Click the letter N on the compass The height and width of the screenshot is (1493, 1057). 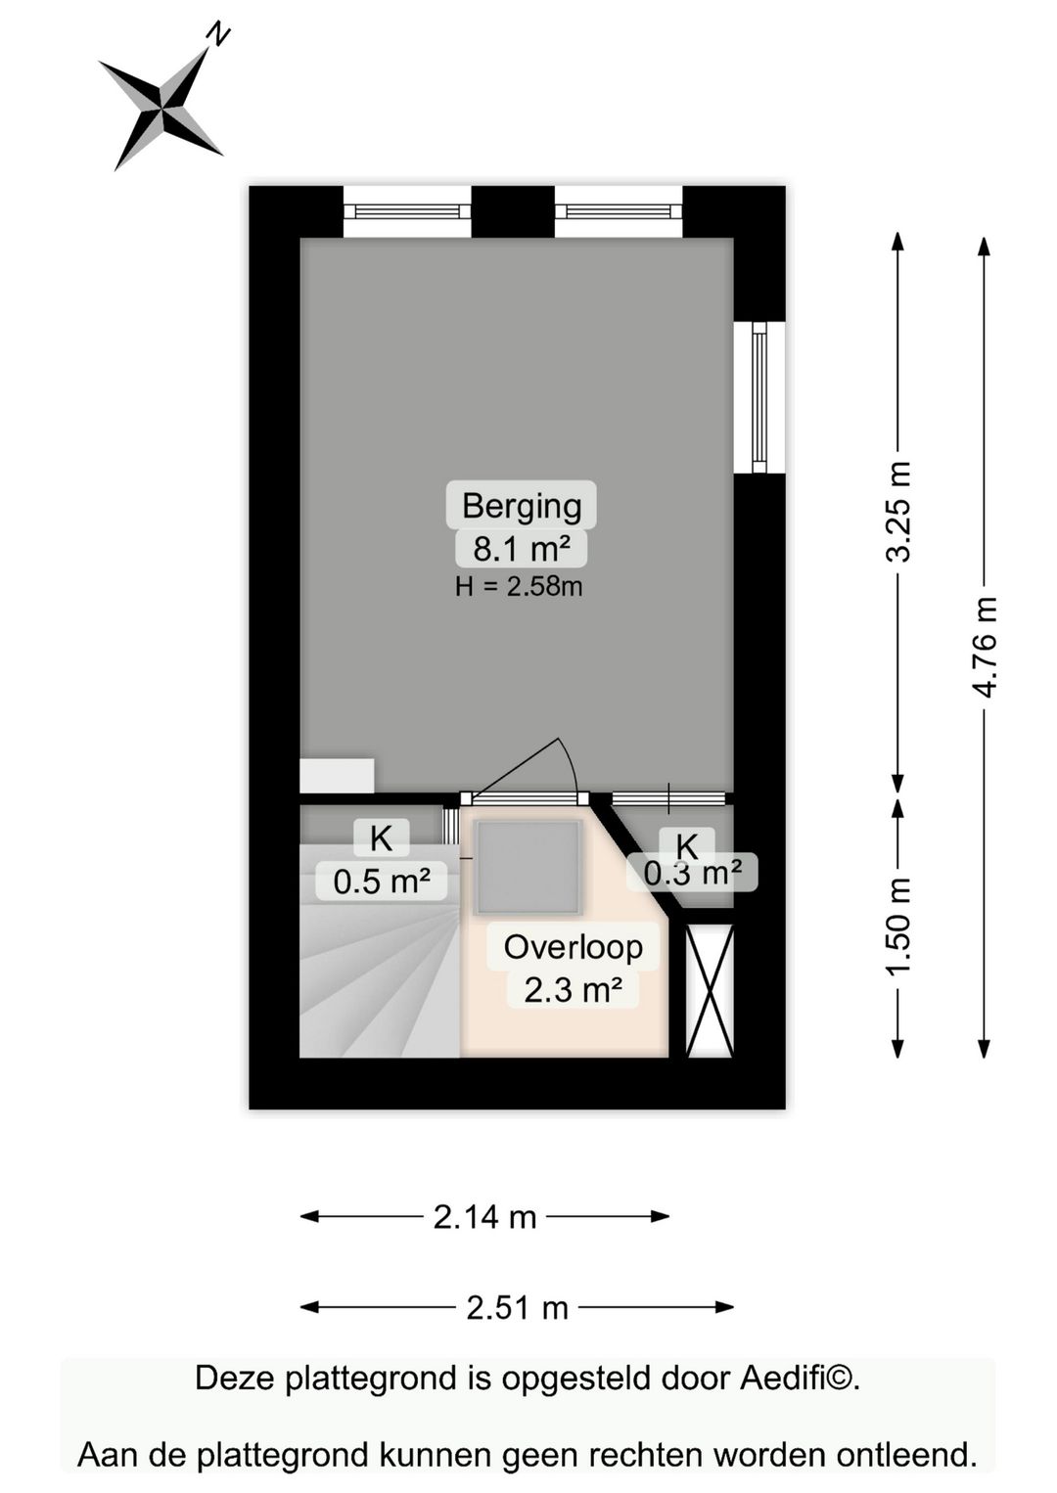point(218,34)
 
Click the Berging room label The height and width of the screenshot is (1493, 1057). point(522,506)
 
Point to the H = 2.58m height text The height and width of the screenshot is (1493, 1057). point(519,587)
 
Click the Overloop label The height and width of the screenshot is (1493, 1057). point(573,947)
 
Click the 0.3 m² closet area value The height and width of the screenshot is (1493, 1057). point(693,872)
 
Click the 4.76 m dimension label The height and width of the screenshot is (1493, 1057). point(985,647)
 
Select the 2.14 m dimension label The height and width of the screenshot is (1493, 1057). point(484,1218)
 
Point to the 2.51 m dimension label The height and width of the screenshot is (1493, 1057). point(517,1309)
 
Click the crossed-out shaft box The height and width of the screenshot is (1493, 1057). point(711,991)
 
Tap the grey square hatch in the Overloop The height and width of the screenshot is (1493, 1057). point(528,868)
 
